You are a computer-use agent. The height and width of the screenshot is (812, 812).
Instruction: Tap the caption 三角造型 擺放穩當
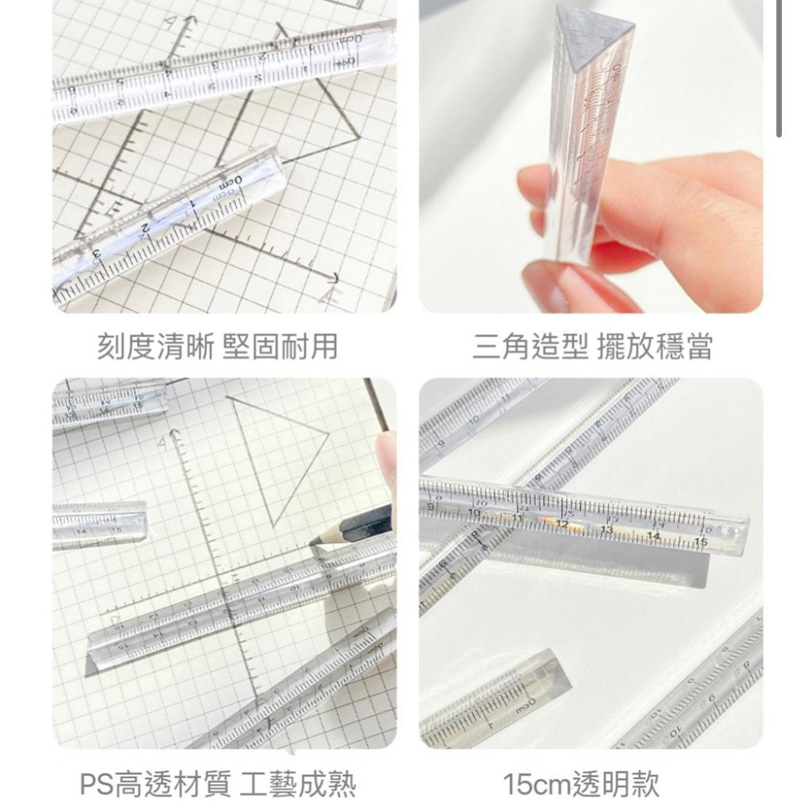click(593, 347)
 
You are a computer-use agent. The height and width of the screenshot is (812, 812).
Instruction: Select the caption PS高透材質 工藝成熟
click(218, 784)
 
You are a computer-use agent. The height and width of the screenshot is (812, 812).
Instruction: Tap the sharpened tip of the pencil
click(313, 542)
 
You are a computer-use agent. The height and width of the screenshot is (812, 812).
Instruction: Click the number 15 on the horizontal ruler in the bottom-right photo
click(700, 542)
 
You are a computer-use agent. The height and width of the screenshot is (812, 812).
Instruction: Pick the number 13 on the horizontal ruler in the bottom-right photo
click(606, 529)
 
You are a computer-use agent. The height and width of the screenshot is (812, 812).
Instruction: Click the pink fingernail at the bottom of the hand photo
click(546, 286)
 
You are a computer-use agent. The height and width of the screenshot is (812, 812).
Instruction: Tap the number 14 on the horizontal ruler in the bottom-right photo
click(653, 535)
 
